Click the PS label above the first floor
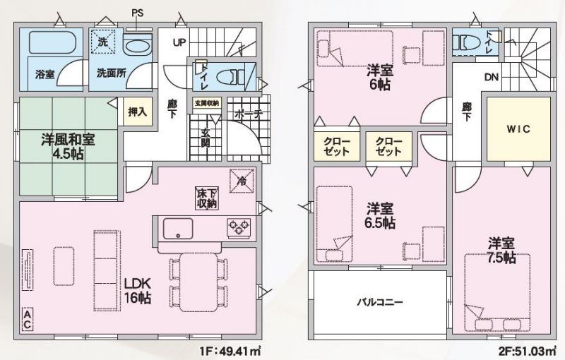click(x=137, y=13)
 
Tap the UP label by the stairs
click(x=179, y=42)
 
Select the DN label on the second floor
click(x=492, y=77)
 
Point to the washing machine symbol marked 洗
click(x=102, y=42)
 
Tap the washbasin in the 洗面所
click(x=137, y=45)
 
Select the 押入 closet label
click(x=137, y=112)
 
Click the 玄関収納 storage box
click(x=206, y=103)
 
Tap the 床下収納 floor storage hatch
click(x=206, y=198)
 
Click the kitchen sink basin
click(x=178, y=228)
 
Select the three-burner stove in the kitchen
click(x=239, y=228)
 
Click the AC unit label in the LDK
click(x=28, y=318)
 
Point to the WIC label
click(x=518, y=128)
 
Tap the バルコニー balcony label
click(x=380, y=301)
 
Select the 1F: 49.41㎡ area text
click(x=230, y=351)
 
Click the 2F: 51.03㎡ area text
click(x=528, y=351)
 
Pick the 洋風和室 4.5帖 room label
click(x=68, y=147)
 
